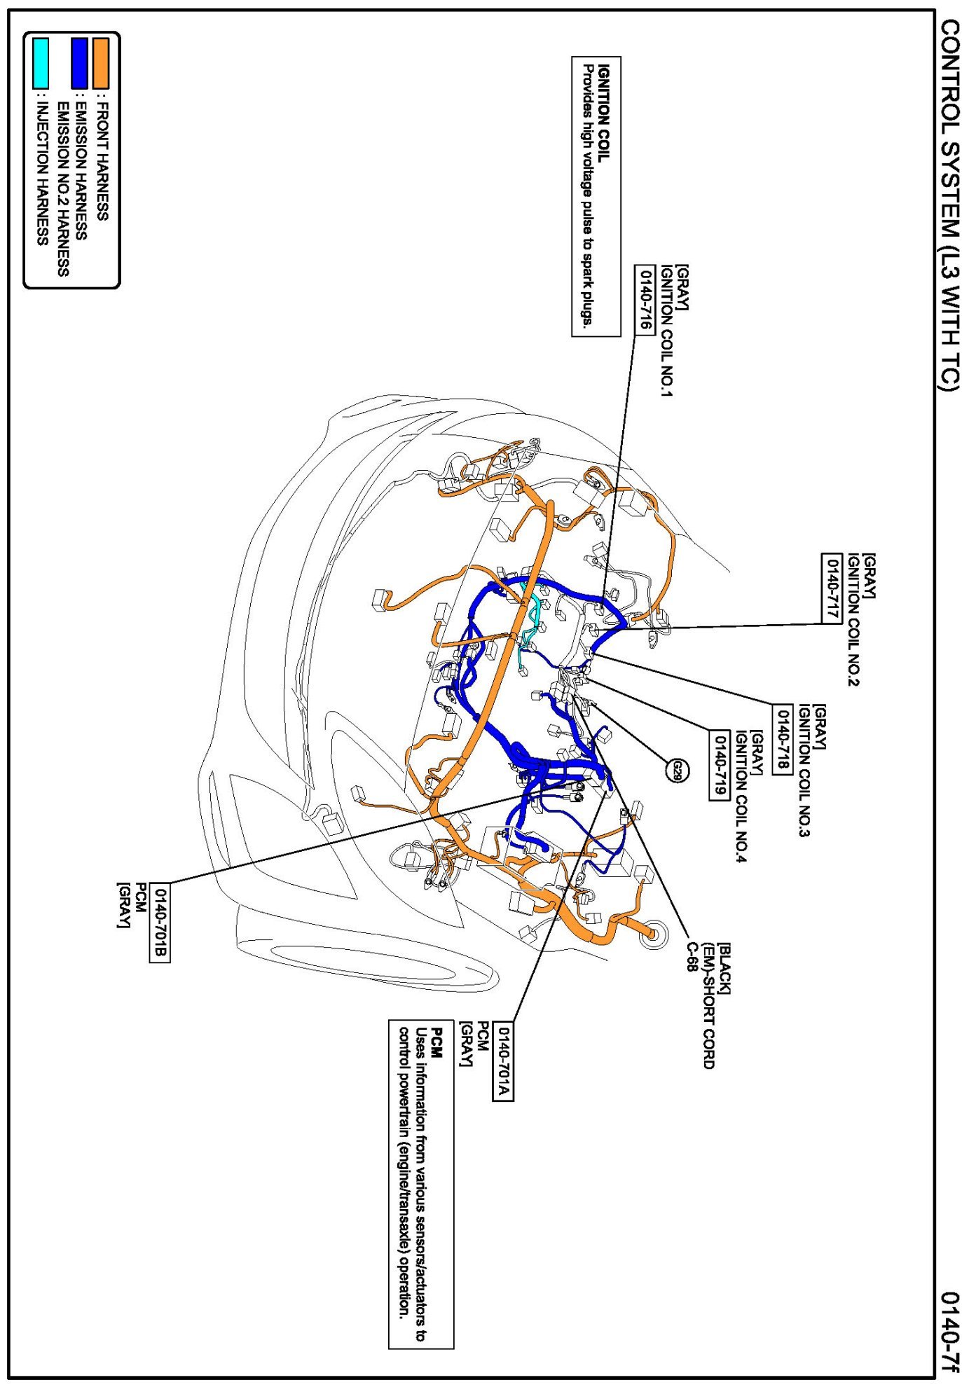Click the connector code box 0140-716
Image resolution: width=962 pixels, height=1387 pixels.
644,299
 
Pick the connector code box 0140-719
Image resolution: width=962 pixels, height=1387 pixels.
719,764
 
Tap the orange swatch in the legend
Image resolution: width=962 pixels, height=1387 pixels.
102,62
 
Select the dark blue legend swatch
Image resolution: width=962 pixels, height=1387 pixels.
80,62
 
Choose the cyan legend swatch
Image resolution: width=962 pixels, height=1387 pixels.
41,62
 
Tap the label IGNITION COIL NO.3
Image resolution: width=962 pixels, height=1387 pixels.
804,771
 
